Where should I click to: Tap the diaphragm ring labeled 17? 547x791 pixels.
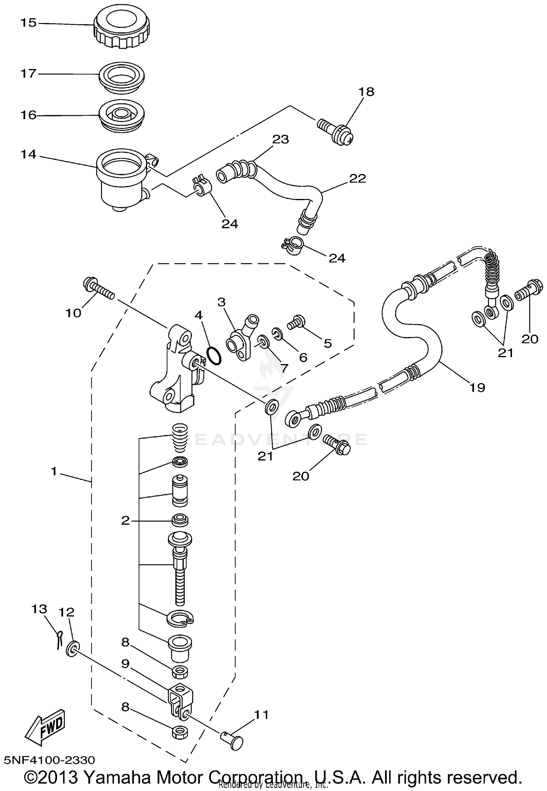tap(121, 78)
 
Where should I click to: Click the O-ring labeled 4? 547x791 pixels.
tap(214, 356)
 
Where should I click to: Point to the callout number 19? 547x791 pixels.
tap(477, 388)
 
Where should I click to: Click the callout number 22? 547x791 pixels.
tap(357, 179)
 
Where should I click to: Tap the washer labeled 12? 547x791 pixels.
tap(72, 649)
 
